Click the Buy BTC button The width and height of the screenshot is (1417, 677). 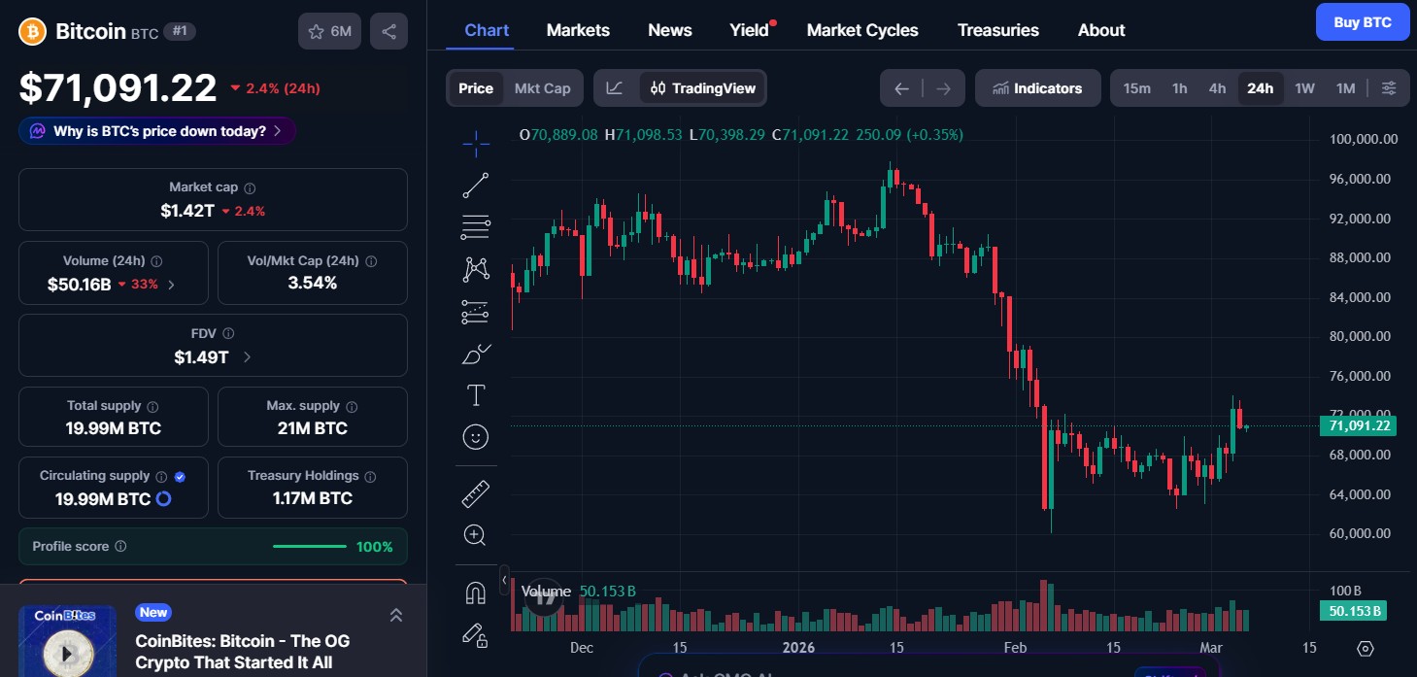(1362, 22)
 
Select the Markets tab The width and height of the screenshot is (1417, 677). (578, 30)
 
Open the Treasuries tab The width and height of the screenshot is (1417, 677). (997, 30)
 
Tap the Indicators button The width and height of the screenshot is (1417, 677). (1037, 88)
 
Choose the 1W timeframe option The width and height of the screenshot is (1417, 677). (1304, 88)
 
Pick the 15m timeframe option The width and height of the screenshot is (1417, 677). (1136, 88)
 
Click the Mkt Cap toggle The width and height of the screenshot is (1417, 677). (542, 88)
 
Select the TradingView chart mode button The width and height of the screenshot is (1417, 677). (702, 88)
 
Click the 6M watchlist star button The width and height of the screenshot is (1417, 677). (329, 31)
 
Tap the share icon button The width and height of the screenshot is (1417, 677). (388, 31)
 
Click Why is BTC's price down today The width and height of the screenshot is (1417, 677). (157, 131)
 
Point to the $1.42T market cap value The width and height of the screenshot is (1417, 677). (187, 211)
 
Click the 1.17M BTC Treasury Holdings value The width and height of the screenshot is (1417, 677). (313, 498)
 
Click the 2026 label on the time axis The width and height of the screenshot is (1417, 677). (798, 648)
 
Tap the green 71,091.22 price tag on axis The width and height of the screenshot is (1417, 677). (1358, 425)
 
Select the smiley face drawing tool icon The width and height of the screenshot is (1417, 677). (475, 437)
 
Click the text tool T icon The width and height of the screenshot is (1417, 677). (475, 395)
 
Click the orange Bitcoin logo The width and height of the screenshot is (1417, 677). (33, 31)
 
